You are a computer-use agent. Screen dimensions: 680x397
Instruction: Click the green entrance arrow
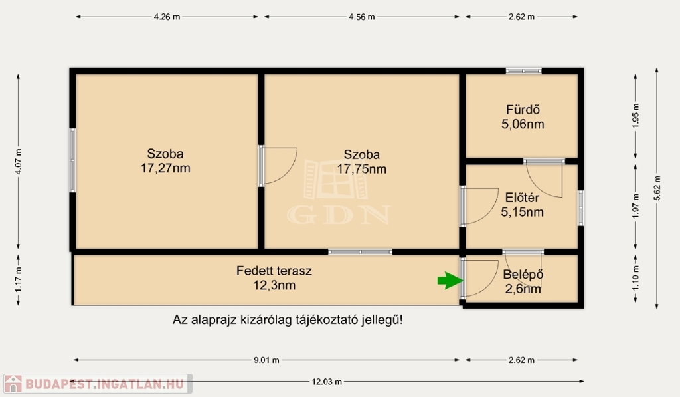click(450, 280)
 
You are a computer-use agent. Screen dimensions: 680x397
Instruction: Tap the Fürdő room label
click(523, 110)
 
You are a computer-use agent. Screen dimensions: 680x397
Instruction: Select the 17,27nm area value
click(165, 168)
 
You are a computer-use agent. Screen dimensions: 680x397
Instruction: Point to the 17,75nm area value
click(362, 169)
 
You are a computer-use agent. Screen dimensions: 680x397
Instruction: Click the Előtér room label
click(522, 198)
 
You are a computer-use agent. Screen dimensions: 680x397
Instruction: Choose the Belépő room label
click(523, 275)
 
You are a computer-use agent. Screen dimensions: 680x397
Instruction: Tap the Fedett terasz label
click(274, 271)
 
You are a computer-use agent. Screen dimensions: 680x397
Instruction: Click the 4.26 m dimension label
click(167, 17)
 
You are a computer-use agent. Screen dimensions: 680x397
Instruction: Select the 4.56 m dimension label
click(362, 17)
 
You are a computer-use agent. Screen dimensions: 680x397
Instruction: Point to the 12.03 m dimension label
click(327, 382)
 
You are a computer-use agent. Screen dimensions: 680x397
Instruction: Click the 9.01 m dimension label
click(266, 360)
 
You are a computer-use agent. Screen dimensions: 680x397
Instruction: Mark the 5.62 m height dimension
click(657, 188)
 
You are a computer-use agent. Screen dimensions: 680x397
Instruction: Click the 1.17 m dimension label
click(18, 280)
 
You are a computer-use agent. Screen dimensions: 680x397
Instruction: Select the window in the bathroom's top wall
click(523, 71)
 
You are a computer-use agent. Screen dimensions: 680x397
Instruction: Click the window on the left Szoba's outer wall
click(72, 160)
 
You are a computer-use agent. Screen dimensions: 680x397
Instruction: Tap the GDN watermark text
click(338, 215)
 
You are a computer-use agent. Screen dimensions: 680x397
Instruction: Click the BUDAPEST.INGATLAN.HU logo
click(98, 384)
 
